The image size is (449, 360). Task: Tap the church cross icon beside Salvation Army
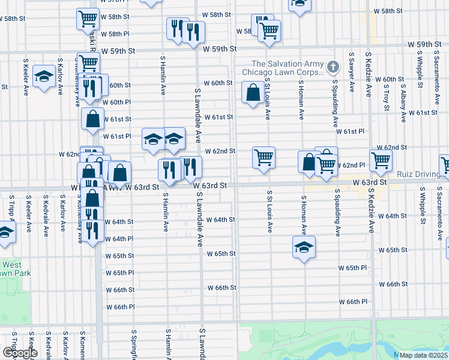point(334,65)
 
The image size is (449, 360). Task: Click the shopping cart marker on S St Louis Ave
point(264,158)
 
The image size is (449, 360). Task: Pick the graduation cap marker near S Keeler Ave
point(44,76)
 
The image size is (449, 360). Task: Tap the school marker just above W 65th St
point(304,247)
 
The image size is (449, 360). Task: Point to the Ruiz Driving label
point(418,174)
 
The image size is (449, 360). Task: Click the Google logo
point(20,353)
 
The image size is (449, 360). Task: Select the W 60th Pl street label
point(116,103)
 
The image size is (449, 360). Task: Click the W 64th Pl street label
point(119,239)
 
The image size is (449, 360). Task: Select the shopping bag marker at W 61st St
point(92,119)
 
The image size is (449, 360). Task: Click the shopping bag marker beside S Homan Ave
point(309,162)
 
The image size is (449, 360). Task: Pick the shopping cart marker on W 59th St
point(88,62)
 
